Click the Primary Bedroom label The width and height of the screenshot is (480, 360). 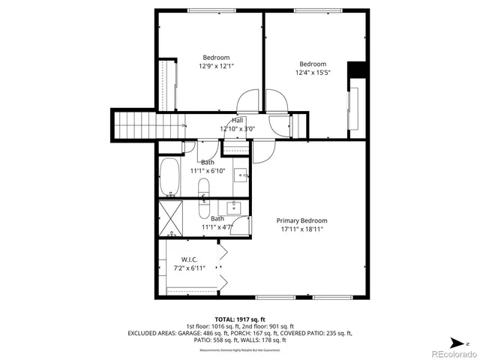point(301,220)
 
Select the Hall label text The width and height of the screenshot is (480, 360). point(238,120)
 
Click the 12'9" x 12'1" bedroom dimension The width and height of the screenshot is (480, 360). point(216,66)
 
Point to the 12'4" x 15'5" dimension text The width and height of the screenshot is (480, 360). point(313,73)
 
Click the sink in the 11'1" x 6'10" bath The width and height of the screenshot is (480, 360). point(241,175)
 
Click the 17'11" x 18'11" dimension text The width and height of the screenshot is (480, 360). point(301,229)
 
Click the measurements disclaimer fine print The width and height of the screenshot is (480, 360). point(239,350)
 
